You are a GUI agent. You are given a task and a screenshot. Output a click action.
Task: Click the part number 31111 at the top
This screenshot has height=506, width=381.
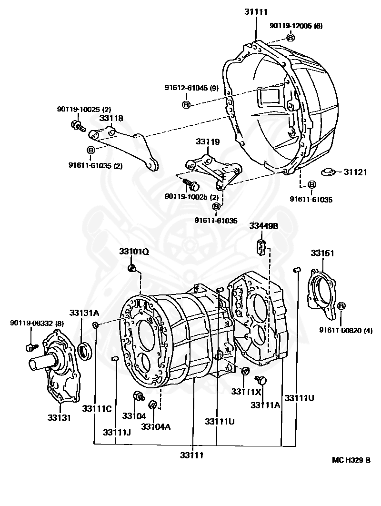click(256, 11)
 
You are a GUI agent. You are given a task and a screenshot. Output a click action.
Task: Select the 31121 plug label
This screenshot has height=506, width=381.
click(355, 172)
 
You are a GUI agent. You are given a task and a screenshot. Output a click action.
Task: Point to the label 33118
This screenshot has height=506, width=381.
click(111, 118)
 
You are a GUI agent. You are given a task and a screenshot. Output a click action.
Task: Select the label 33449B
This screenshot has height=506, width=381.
click(263, 226)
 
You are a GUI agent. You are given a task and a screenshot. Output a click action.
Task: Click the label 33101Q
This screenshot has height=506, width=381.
click(134, 251)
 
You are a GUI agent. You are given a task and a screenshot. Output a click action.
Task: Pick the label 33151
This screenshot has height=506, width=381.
click(323, 253)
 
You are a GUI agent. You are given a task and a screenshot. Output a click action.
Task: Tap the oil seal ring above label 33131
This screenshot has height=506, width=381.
click(85, 352)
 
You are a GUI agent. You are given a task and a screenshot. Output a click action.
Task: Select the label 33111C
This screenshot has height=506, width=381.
click(97, 408)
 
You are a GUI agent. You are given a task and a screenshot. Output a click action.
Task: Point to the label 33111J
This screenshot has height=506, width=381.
click(117, 432)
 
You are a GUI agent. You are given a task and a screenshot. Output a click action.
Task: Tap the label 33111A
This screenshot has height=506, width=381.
click(264, 405)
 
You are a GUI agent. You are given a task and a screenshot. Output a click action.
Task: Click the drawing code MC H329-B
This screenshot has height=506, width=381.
click(351, 460)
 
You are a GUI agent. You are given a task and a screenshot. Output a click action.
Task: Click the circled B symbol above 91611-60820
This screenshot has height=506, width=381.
click(341, 306)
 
